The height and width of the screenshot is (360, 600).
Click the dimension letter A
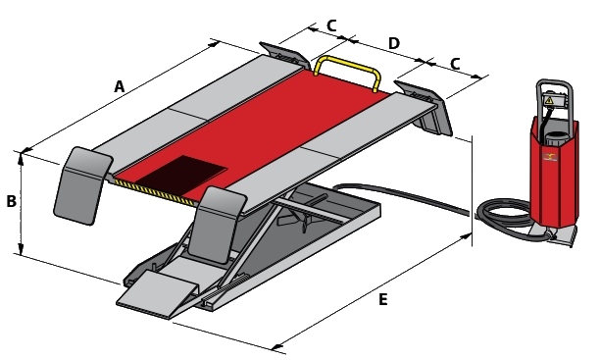click(x=120, y=86)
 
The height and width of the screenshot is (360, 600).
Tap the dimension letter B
click(x=12, y=201)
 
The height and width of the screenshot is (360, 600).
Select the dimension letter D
click(x=394, y=44)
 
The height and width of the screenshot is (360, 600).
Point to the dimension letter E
click(x=382, y=299)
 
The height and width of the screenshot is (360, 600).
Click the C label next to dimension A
click(x=331, y=26)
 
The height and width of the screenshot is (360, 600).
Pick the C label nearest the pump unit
click(x=455, y=64)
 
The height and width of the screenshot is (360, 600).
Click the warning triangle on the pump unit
click(x=549, y=101)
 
